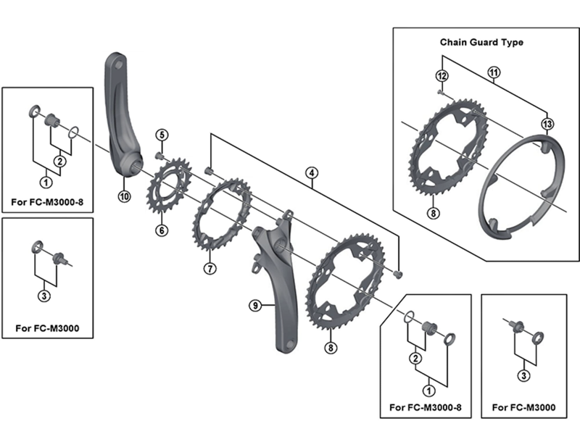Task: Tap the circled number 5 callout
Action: pos(161,135)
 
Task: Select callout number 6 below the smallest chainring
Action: pos(161,230)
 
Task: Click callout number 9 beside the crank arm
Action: pos(255,306)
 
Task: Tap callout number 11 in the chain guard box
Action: pos(494,72)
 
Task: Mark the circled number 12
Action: pos(440,75)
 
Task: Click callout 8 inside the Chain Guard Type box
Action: pos(432,213)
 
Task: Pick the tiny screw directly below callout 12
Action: pos(440,93)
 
